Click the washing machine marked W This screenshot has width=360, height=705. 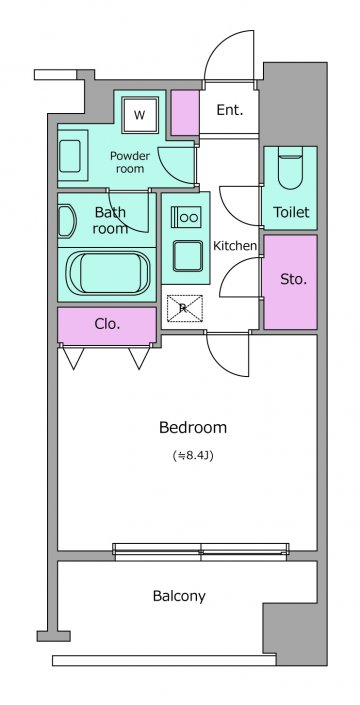click(140, 115)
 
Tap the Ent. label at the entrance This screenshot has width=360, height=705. click(230, 110)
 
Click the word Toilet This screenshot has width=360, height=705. click(291, 212)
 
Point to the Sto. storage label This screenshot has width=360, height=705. click(293, 280)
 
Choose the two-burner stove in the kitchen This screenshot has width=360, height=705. click(186, 217)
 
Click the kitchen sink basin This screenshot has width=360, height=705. click(187, 256)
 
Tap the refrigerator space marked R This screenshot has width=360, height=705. click(185, 308)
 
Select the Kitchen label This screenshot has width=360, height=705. click(235, 246)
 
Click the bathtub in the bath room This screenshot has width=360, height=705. click(108, 273)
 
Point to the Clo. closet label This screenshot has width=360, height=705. click(107, 324)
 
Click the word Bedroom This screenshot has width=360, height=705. click(193, 427)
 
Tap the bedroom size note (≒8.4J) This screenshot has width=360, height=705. click(193, 455)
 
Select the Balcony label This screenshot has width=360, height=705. click(179, 596)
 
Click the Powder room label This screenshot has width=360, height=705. click(130, 162)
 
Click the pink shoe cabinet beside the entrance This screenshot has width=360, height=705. click(185, 112)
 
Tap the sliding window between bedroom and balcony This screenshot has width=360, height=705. click(200, 552)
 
